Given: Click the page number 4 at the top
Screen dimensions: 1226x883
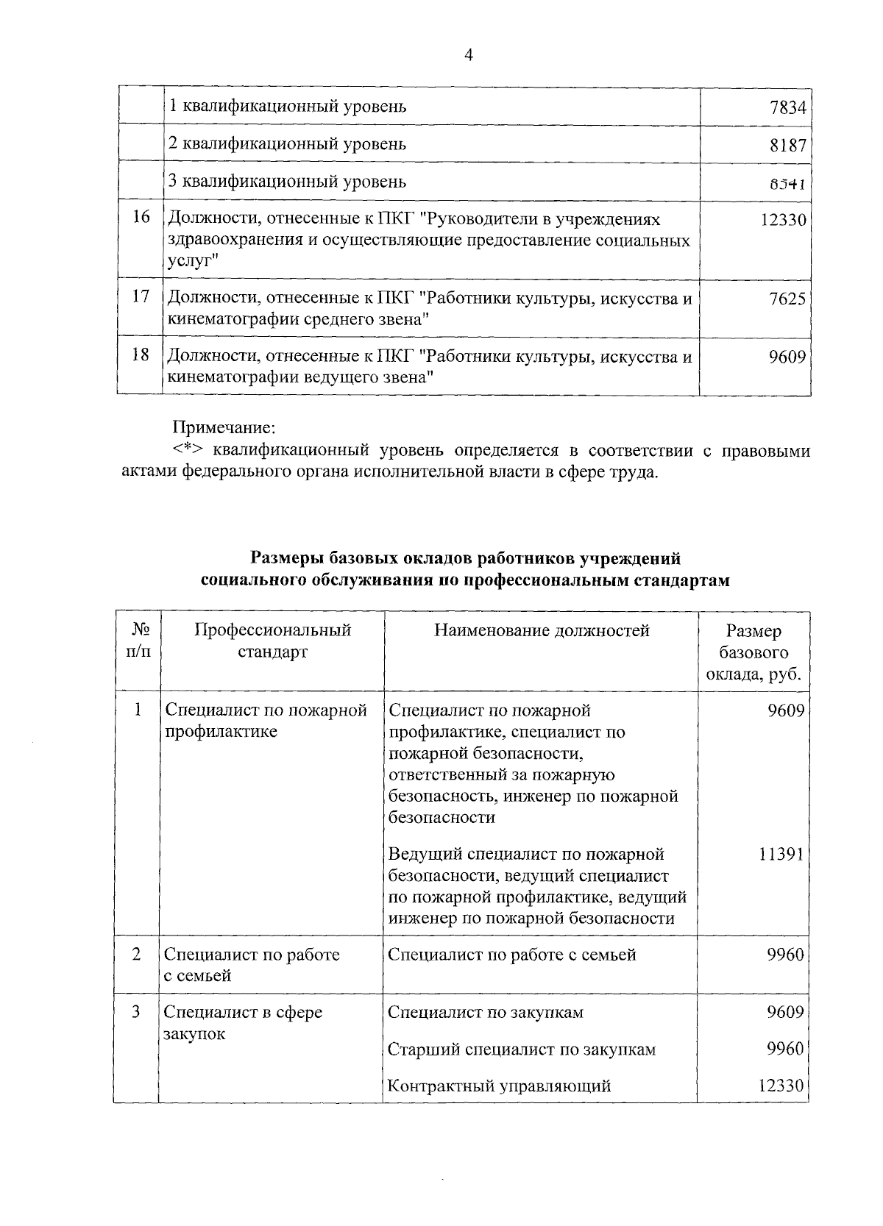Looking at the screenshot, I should (x=468, y=56).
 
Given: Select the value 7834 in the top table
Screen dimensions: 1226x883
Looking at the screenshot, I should (x=787, y=108).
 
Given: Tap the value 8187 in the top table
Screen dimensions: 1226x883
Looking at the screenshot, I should (x=787, y=146).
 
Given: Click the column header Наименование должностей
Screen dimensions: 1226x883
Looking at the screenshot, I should (x=542, y=630).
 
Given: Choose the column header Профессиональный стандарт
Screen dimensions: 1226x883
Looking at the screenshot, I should (x=273, y=641).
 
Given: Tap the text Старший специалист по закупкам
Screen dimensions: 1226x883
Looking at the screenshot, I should (x=521, y=1049).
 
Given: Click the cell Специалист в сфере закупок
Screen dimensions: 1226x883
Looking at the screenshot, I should (x=243, y=1023).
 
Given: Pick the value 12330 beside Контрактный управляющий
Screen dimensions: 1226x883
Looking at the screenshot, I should (x=781, y=1086).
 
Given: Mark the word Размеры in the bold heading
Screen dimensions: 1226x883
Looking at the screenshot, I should (x=286, y=559).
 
